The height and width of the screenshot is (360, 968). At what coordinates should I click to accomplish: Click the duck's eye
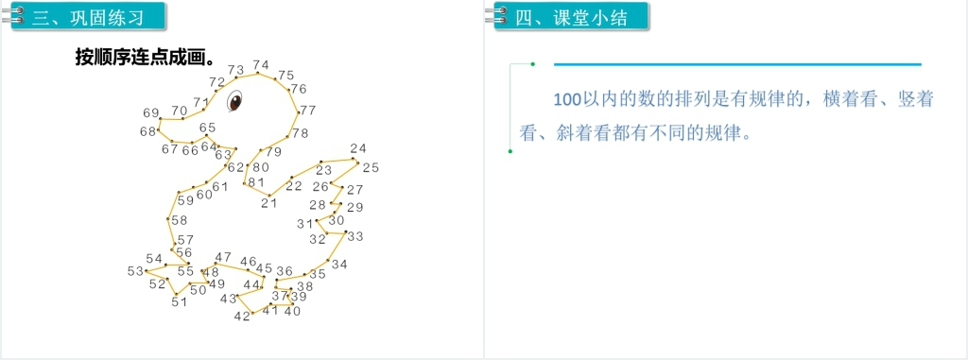point(234,97)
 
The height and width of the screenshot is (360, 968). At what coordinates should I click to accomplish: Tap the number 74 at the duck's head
point(261,65)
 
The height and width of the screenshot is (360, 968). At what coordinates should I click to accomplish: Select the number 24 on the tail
point(357,148)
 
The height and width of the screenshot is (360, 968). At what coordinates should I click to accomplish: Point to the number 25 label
point(371,167)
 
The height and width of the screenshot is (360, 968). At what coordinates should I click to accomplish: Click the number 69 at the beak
point(151,112)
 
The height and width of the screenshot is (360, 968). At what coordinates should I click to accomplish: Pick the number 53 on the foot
point(135,271)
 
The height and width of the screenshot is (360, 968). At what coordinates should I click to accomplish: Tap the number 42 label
point(242,316)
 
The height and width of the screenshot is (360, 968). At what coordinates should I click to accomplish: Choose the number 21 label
point(269,202)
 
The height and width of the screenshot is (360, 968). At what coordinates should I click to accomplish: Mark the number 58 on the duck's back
point(179,220)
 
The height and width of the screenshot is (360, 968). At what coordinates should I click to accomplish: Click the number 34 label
point(339,265)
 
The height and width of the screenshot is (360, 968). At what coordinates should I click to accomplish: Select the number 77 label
point(308,111)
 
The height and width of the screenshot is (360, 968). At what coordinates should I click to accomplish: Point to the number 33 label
point(355,236)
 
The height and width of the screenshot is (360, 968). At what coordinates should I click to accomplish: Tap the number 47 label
point(223,257)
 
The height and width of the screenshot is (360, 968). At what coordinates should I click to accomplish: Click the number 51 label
point(179,302)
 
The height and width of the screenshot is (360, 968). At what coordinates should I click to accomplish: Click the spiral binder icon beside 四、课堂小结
point(495,16)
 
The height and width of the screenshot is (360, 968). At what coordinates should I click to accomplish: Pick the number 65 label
point(207,128)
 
